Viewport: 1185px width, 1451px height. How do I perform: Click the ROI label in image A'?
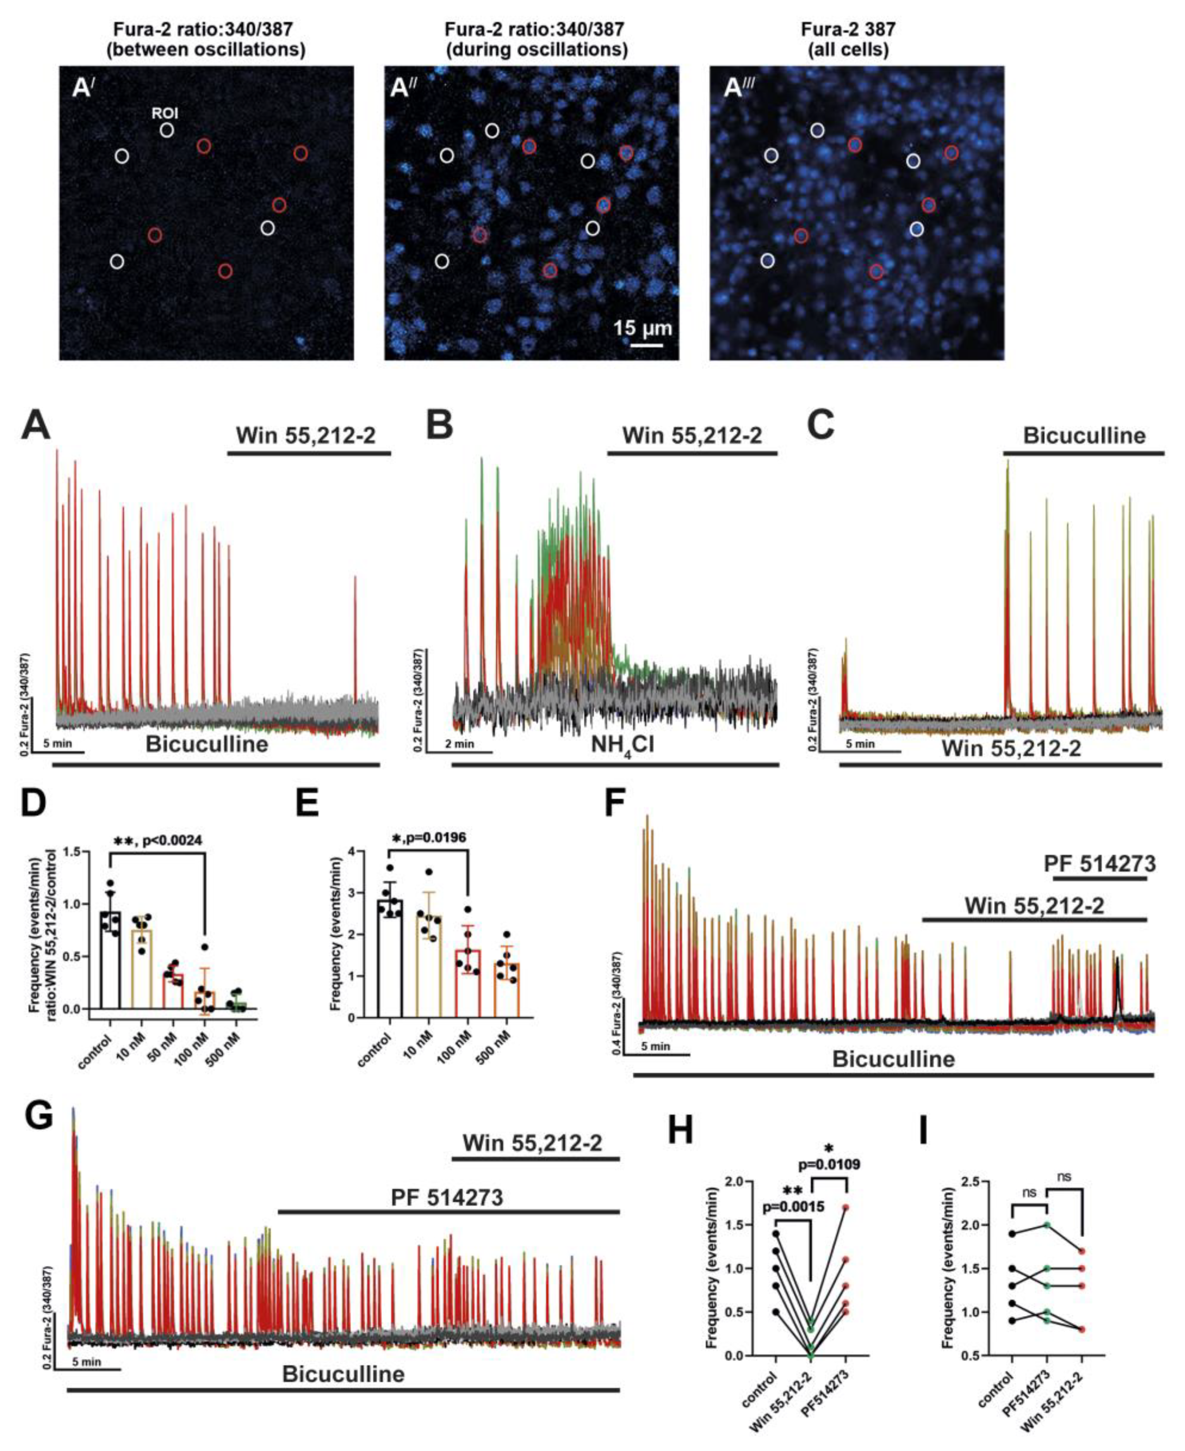pyautogui.click(x=165, y=114)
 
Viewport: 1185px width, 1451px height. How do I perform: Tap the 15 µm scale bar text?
pyautogui.click(x=641, y=328)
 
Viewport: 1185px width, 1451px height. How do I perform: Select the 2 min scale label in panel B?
pyautogui.click(x=459, y=744)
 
